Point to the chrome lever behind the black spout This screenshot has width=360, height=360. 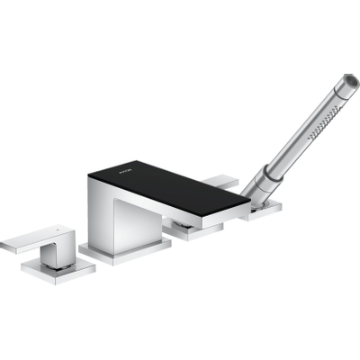(221, 183)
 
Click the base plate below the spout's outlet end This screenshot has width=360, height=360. (193, 231)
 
